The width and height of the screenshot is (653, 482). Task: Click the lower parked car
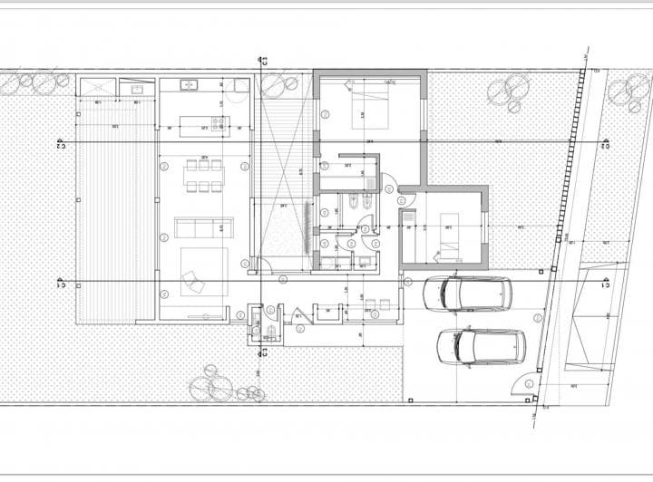tap(481, 344)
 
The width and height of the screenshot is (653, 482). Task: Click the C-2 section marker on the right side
tap(604, 143)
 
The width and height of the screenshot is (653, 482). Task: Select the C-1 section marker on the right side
tap(604, 283)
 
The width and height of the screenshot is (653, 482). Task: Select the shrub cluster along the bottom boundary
tap(222, 386)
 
